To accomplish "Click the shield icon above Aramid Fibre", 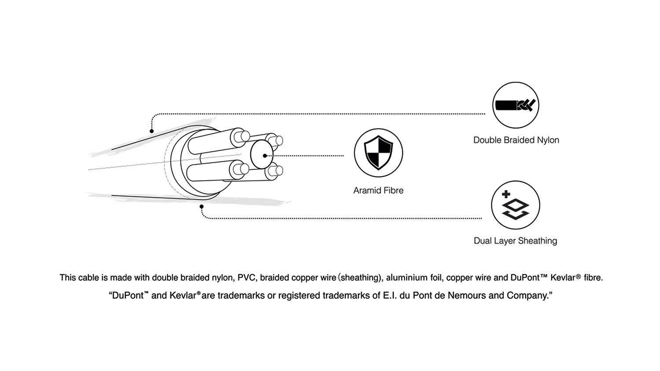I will [x=378, y=153].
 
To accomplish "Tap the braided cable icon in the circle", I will [x=516, y=105].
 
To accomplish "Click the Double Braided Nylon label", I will [x=516, y=140].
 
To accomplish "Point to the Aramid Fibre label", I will [x=378, y=190].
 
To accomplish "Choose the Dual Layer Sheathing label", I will [x=515, y=241].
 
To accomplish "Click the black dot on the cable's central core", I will [x=264, y=156].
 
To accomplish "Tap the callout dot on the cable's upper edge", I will [x=152, y=131].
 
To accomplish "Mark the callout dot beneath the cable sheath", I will [x=202, y=206].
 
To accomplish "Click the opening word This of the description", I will [x=68, y=278].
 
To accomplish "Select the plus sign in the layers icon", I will [x=506, y=194].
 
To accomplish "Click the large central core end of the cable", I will [x=261, y=155].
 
